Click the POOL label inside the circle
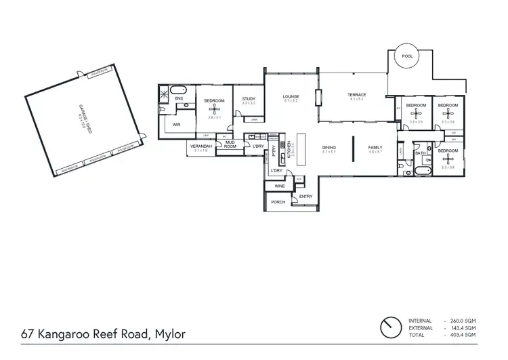tap(406, 56)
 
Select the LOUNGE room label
tap(291, 96)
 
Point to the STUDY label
tap(249, 100)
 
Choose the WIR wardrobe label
tap(176, 125)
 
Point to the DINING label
tap(329, 147)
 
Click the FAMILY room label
tap(375, 147)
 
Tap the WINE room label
tap(279, 184)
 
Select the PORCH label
tap(278, 202)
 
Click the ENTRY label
tap(305, 197)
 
